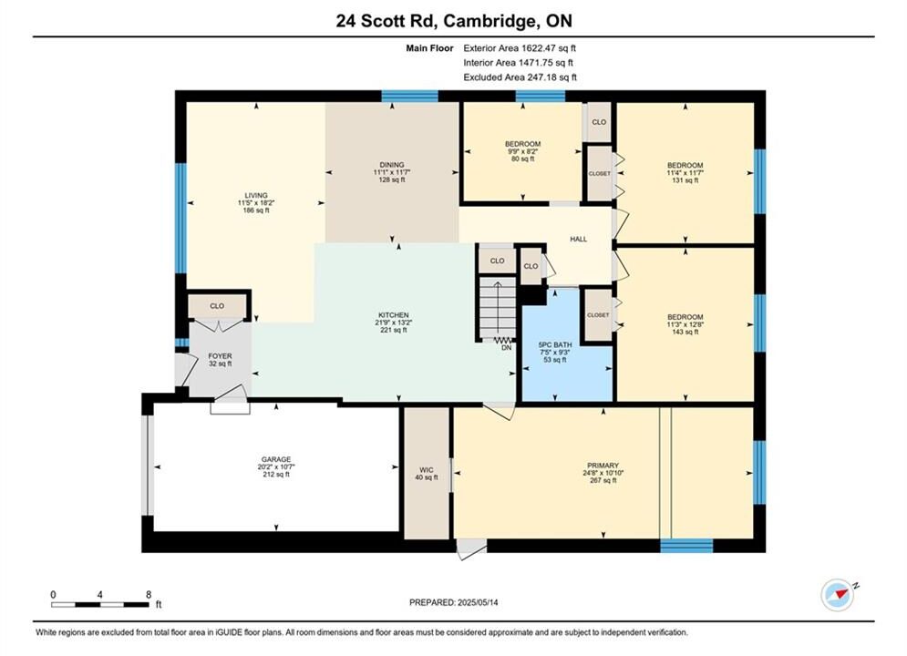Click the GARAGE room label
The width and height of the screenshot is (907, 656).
[x=276, y=459]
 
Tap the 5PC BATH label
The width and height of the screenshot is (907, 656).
[x=555, y=344]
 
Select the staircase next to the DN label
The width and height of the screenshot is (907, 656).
[x=498, y=309]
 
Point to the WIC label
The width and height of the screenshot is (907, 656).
[x=427, y=470]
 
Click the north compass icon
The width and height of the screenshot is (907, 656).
[x=838, y=594]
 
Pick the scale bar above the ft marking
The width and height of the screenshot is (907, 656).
[x=99, y=605]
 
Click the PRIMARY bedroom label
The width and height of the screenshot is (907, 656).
[x=603, y=466]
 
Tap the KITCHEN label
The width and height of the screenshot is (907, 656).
[x=394, y=315]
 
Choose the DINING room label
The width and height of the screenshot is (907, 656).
[x=392, y=165]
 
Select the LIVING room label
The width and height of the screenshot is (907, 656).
[x=255, y=195]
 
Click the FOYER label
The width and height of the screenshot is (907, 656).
[x=220, y=356]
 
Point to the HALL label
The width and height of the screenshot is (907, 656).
[x=579, y=239]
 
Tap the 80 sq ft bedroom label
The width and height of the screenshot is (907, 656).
[x=523, y=144]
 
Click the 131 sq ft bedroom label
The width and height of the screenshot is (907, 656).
[x=685, y=165]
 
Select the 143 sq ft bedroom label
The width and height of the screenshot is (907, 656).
[x=685, y=317]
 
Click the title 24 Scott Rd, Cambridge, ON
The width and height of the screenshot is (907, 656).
[x=454, y=21]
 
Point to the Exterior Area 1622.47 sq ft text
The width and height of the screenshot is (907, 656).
[x=520, y=48]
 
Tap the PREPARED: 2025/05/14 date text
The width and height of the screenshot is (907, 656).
[x=454, y=602]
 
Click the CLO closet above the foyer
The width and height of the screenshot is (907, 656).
[x=217, y=306]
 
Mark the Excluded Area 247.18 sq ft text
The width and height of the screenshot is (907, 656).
[x=520, y=77]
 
